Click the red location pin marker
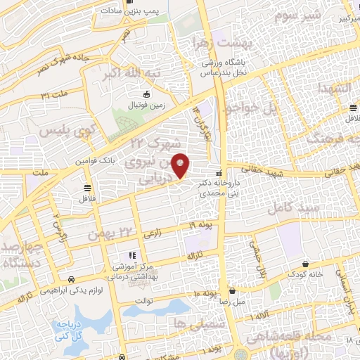(181, 165)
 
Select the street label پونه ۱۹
(200, 224)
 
